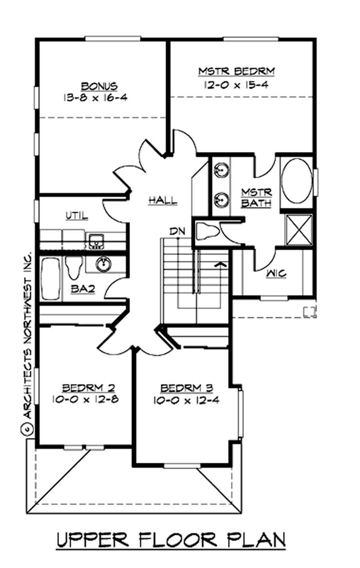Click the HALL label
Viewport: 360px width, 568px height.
click(x=162, y=201)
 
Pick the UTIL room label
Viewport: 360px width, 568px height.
click(x=77, y=216)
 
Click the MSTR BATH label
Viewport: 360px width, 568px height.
click(x=256, y=197)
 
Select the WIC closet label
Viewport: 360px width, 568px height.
click(x=276, y=273)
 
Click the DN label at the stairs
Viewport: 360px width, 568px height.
click(x=176, y=232)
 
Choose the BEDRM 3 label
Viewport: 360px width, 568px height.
click(x=187, y=388)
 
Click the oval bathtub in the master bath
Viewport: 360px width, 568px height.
click(x=296, y=181)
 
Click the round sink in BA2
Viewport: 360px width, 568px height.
click(x=103, y=264)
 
